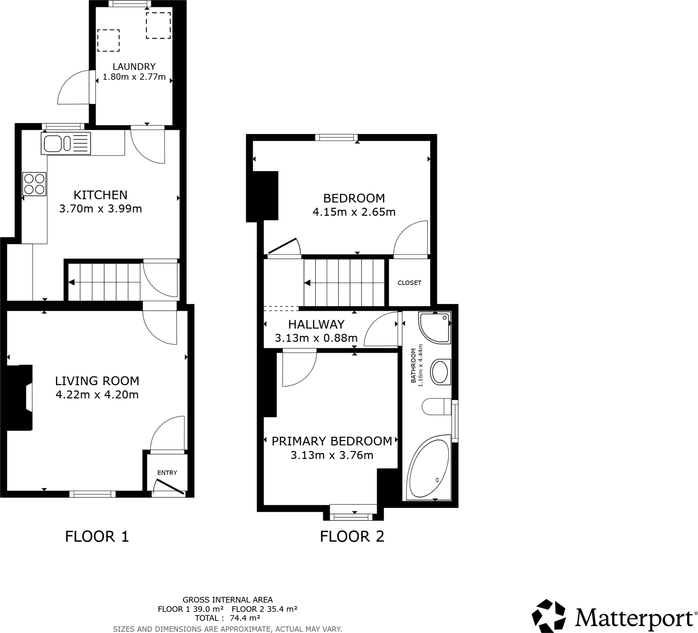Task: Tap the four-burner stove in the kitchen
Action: click(34, 184)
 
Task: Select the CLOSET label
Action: click(409, 283)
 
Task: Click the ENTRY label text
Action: click(167, 473)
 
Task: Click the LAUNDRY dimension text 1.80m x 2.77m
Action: click(134, 77)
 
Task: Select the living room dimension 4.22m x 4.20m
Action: click(97, 395)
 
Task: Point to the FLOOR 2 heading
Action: click(352, 537)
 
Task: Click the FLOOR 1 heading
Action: click(97, 537)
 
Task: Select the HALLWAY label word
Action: click(316, 325)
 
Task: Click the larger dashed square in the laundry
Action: click(158, 26)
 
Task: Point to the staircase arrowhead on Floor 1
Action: click(72, 282)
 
